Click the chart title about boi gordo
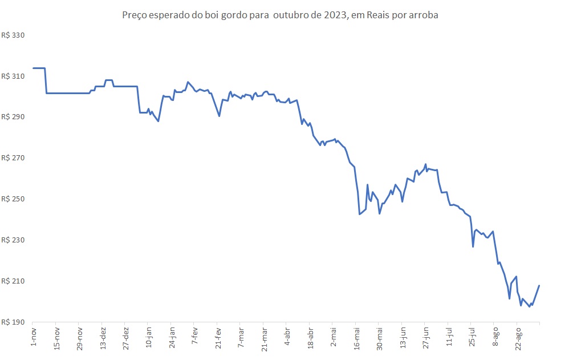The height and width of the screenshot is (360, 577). [280, 15]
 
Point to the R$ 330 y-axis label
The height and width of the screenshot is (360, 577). [14, 35]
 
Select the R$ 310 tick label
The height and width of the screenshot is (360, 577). [14, 76]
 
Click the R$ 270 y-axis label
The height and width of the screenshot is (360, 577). [14, 158]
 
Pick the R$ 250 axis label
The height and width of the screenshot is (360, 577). [14, 199]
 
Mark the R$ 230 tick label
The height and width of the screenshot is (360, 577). [14, 240]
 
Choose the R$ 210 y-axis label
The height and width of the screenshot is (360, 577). [14, 281]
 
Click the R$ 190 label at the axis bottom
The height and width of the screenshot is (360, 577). [14, 322]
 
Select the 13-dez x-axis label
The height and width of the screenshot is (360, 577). [103, 337]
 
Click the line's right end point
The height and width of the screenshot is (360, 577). [539, 285]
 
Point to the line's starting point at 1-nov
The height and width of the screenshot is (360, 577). [33, 68]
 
